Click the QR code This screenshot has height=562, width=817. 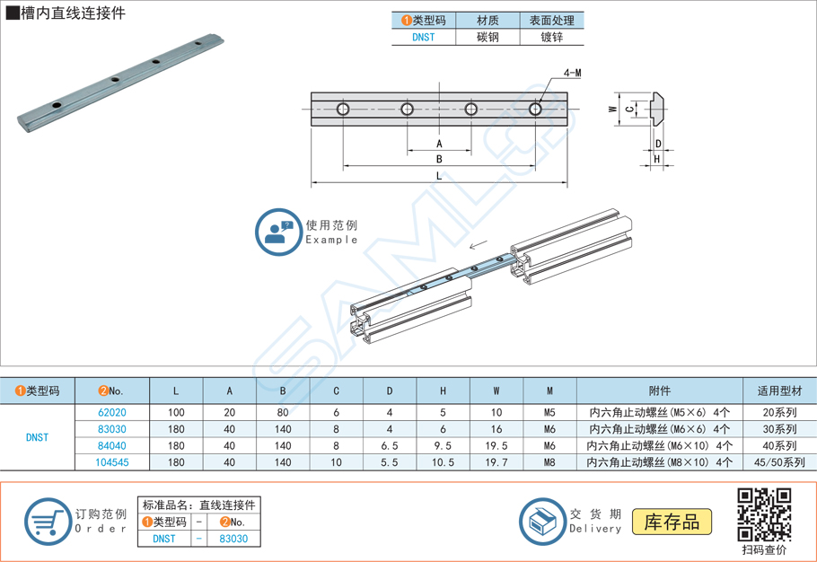764,513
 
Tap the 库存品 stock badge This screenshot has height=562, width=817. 672,521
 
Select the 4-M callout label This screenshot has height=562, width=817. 572,72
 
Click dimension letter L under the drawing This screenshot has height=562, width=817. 439,176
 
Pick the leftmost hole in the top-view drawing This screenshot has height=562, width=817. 343,110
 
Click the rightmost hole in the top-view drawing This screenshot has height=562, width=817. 536,110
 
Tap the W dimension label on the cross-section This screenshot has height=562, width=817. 611,109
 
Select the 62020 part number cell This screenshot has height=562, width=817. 111,413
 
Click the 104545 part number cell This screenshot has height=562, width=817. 111,461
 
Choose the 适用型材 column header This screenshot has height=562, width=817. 779,391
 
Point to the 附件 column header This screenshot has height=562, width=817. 659,391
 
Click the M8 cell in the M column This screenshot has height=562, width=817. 549,461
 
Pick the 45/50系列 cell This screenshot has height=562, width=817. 779,461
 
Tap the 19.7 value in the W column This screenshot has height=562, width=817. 496,461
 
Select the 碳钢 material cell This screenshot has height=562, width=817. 488,37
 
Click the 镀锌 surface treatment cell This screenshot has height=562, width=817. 551,37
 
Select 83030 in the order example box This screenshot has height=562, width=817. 233,539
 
